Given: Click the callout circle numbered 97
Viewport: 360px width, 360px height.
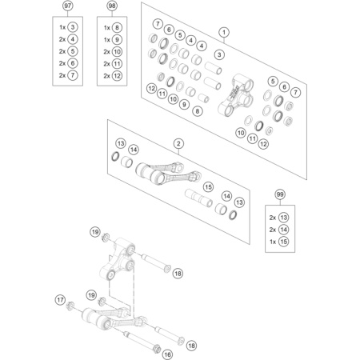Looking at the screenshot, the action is pos(68,6).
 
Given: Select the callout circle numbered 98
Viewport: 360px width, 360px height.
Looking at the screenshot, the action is pos(112,6).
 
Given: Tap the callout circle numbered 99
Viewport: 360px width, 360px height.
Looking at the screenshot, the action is pos(280,194).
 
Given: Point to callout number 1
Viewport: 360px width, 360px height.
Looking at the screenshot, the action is pos(224,33).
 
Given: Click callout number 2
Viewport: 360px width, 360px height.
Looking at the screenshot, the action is pos(178,144).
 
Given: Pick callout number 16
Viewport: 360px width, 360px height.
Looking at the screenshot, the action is pos(167,354).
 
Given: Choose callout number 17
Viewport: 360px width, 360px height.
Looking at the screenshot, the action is pos(60,300).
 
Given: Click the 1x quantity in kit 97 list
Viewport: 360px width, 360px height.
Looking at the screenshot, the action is pos(62,27).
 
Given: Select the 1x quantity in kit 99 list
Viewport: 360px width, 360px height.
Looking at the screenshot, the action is pos(273,242).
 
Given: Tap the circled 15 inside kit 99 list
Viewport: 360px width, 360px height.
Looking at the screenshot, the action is pos(283,242).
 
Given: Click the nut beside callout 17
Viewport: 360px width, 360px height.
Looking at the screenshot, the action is pos(70,306).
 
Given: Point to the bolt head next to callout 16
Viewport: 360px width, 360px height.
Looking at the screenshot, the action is pos(157,348).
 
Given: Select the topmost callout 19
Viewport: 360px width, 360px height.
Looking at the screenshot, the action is pos(95,232).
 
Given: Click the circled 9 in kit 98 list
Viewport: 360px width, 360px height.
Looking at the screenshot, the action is pos(117,40).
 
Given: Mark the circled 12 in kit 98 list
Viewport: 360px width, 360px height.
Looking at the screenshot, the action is pos(117,76).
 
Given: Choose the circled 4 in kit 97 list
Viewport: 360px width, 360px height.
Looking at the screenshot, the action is pos(73,39).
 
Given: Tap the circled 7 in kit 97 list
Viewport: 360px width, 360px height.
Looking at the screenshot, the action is pos(73,75).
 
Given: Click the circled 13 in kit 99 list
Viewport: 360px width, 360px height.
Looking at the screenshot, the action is pos(283,218).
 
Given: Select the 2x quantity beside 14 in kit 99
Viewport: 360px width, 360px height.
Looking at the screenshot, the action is pos(273,230).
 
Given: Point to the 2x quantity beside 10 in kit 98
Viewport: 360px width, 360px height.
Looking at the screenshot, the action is pos(106,52).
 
